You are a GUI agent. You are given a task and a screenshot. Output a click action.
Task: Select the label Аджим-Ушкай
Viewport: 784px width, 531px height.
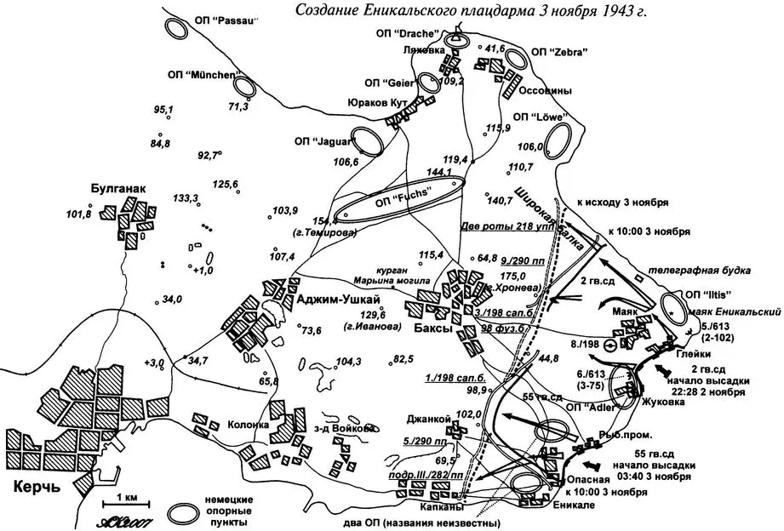tap(332, 299)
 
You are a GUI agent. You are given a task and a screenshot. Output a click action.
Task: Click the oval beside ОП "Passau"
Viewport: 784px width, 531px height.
tap(177, 28)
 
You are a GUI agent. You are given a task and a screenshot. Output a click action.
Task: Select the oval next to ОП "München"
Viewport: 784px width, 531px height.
tap(245, 87)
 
